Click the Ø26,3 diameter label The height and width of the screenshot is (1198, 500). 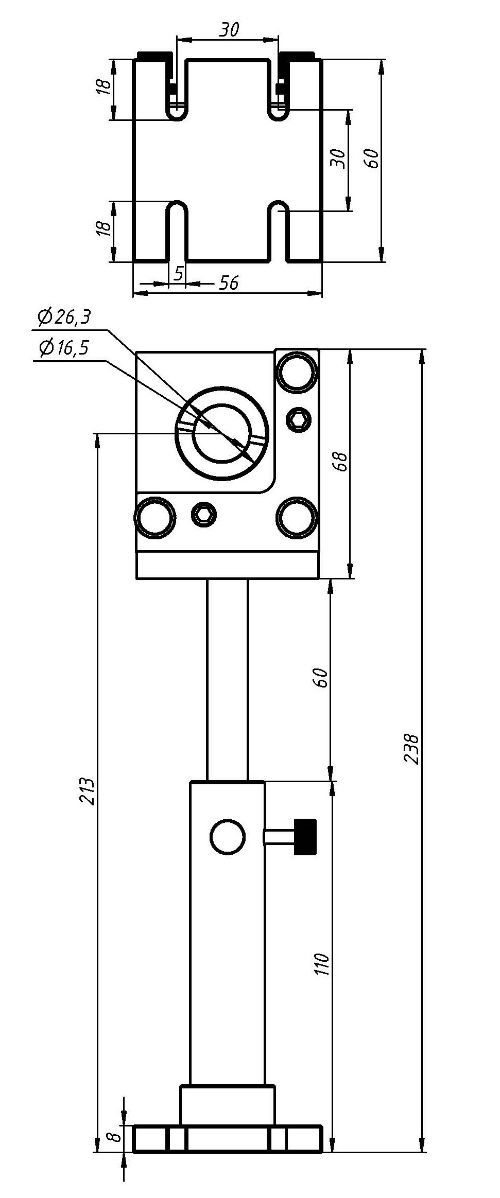(64, 317)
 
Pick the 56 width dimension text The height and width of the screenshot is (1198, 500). (229, 283)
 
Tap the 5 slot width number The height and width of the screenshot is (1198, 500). (179, 274)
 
